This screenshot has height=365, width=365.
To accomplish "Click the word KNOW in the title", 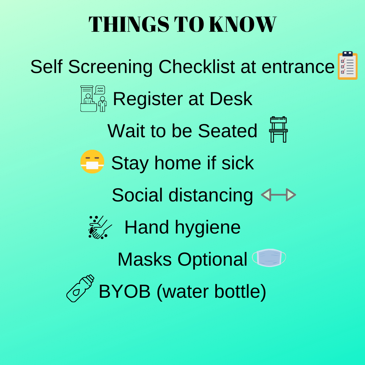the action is [243, 24].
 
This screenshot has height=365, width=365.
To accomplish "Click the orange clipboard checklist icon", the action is [347, 66].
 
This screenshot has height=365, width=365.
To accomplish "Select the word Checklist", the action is [197, 67].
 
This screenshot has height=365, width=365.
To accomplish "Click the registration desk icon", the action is [94, 99].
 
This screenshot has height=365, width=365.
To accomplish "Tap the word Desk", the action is [231, 99].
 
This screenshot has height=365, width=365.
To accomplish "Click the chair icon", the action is [278, 129].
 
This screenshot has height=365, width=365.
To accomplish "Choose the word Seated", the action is [227, 131].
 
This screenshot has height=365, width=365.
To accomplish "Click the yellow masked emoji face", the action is [92, 162].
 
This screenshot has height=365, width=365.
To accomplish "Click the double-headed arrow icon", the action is [278, 195].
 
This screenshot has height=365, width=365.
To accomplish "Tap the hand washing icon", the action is [100, 227].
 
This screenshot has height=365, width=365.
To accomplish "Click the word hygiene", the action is [208, 228].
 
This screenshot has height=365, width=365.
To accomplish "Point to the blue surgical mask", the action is [269, 258].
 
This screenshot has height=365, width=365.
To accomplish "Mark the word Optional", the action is [212, 260].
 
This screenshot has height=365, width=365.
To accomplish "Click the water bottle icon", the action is [80, 288].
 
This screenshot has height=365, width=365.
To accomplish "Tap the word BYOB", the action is [124, 291].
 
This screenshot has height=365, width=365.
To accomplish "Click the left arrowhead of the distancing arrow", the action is [266, 195].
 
